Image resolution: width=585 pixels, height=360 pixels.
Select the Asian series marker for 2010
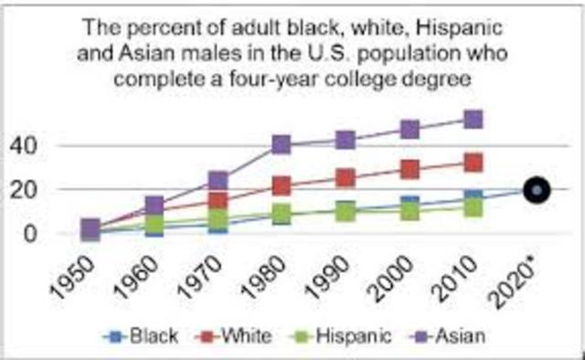click(473, 120)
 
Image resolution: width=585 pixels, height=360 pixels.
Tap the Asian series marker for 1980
click(282, 144)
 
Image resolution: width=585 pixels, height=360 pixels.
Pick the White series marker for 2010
click(473, 163)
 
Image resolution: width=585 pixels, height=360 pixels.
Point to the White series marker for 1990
click(345, 178)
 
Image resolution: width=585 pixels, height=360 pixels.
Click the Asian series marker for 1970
click(218, 181)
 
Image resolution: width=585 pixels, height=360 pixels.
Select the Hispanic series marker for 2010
click(473, 207)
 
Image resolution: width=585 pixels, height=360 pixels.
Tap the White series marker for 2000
click(409, 170)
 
